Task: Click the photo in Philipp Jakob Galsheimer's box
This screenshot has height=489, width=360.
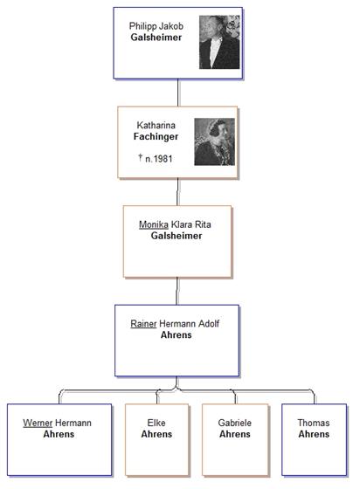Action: click(219, 42)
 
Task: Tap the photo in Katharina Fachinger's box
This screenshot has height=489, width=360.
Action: click(215, 141)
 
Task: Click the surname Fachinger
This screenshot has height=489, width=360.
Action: click(156, 136)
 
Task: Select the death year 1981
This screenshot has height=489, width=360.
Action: click(163, 159)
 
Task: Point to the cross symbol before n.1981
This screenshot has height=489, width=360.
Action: click(141, 157)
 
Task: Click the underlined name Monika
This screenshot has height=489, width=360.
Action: click(154, 224)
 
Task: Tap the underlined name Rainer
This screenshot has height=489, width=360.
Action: click(143, 323)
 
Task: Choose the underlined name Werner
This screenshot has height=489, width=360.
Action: click(38, 423)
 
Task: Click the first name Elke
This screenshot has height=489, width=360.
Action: click(156, 423)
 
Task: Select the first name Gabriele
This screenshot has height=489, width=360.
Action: click(234, 423)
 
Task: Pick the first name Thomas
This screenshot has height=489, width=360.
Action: click(313, 423)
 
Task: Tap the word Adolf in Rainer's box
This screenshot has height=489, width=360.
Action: click(209, 323)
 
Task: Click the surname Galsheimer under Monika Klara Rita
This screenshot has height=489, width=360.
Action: click(177, 236)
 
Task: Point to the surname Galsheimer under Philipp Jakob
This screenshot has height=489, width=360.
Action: click(156, 37)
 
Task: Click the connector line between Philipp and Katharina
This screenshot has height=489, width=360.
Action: click(178, 93)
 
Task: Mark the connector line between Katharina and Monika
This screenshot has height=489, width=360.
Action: click(178, 192)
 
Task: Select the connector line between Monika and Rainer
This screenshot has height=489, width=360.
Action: click(177, 291)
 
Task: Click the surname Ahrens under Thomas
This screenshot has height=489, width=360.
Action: click(314, 434)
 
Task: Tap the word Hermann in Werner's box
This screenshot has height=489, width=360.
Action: click(73, 423)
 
